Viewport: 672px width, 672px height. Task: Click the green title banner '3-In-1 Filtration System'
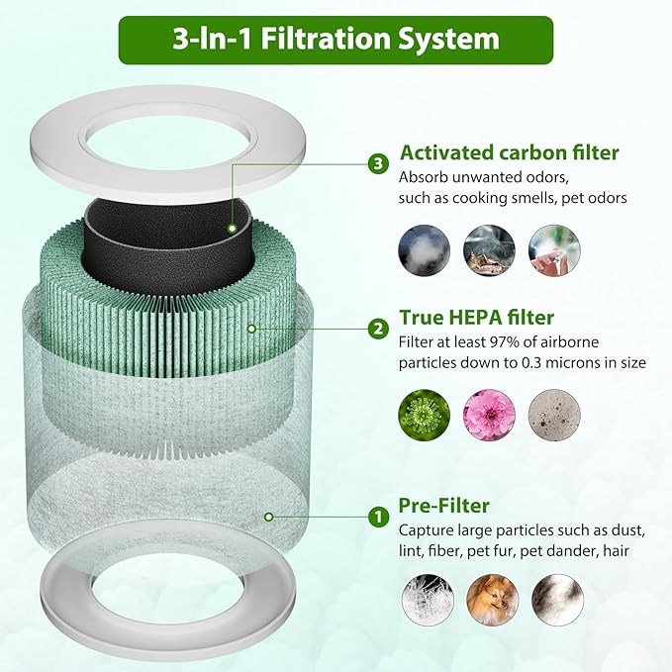(336, 40)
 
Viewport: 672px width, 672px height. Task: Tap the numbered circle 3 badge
(377, 163)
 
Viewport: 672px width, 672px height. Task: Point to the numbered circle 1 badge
(377, 517)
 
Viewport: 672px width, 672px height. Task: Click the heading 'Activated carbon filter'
(509, 152)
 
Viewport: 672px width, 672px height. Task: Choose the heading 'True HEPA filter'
(476, 318)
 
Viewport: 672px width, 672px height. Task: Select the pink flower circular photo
(490, 415)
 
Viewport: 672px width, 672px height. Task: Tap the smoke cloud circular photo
(424, 250)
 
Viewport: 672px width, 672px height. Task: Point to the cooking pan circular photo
(490, 250)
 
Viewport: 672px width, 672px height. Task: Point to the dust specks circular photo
(555, 415)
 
